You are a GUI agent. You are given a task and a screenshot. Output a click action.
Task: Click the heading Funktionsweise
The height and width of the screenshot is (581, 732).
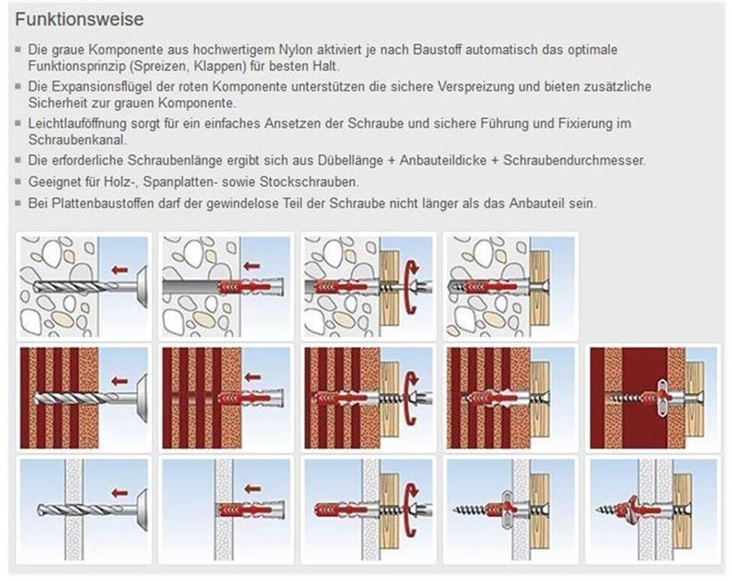click(x=79, y=19)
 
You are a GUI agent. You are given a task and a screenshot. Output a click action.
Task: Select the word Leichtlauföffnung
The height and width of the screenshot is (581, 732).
click(x=77, y=124)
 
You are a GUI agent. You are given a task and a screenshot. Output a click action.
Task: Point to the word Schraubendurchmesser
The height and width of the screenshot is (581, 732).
click(x=574, y=160)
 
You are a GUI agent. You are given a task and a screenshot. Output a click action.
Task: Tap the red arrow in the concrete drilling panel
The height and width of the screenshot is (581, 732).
click(x=120, y=270)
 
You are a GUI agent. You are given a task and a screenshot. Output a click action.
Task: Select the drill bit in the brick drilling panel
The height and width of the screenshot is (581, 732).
click(x=75, y=398)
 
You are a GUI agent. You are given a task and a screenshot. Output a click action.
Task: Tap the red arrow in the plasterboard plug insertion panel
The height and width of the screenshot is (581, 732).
click(x=252, y=489)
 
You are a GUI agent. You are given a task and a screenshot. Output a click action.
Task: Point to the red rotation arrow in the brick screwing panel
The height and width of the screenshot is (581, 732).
click(x=410, y=398)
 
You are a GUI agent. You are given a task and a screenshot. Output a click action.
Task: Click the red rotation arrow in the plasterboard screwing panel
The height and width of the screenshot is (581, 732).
click(x=410, y=510)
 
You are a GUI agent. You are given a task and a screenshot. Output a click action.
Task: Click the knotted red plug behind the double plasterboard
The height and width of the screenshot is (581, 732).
click(x=629, y=507)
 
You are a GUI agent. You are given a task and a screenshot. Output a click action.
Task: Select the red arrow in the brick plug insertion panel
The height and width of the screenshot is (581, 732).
click(x=252, y=377)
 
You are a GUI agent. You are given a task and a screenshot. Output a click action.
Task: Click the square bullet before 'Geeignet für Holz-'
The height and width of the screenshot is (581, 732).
click(x=18, y=181)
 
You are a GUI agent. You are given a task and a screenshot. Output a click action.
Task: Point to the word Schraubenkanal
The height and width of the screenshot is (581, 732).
click(x=78, y=140)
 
